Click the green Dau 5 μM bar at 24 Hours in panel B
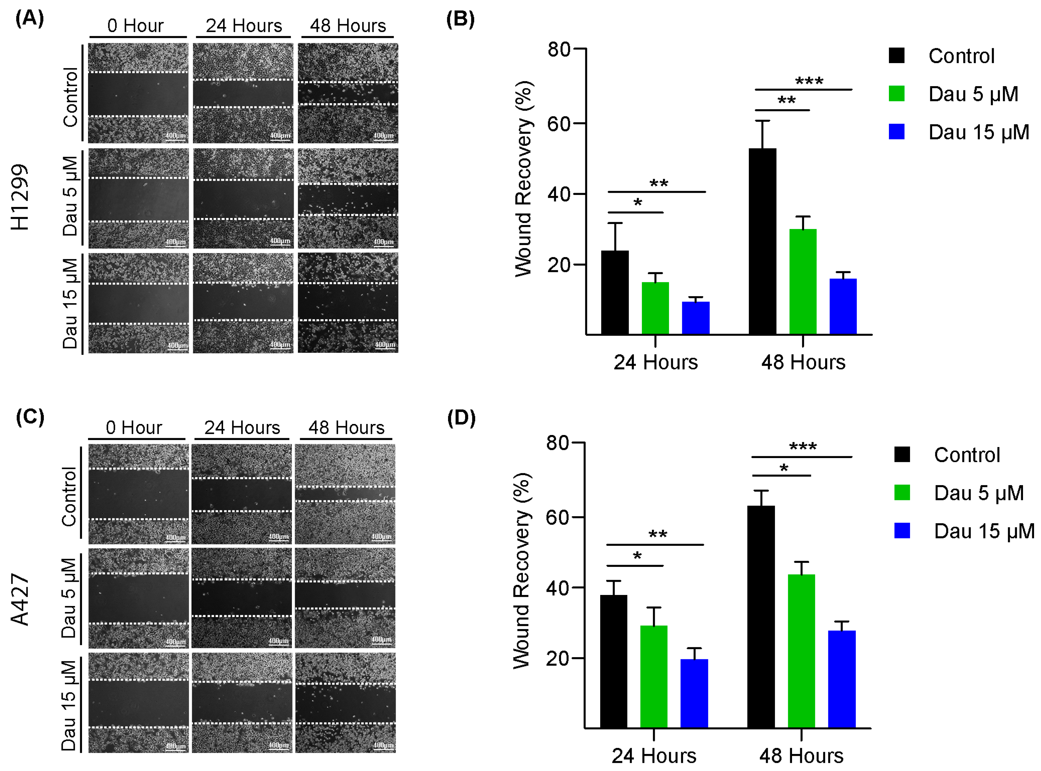[x=655, y=308]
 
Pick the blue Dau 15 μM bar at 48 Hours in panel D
[x=842, y=679]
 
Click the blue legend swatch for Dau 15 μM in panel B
[x=896, y=132]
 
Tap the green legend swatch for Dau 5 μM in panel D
[x=902, y=492]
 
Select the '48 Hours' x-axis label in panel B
[x=803, y=362]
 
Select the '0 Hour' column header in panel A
[x=135, y=26]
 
